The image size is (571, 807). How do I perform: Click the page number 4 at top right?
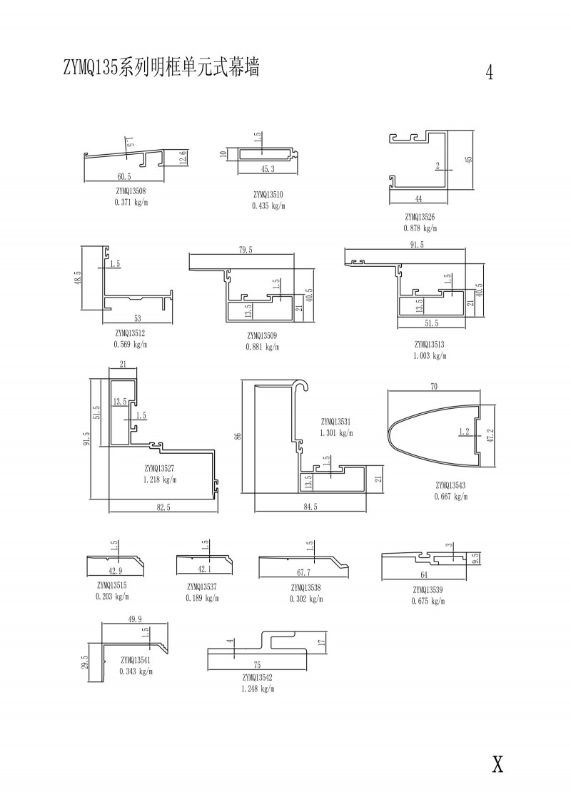pyautogui.click(x=490, y=73)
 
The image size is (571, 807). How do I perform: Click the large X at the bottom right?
pyautogui.click(x=497, y=764)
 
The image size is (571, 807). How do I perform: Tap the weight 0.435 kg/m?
pyautogui.click(x=268, y=205)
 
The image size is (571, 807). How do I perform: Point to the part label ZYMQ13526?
pyautogui.click(x=420, y=217)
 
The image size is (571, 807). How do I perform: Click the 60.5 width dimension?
pyautogui.click(x=124, y=176)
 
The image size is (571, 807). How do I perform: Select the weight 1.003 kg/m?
pyautogui.click(x=428, y=355)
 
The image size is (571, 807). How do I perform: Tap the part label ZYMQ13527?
pyautogui.click(x=161, y=468)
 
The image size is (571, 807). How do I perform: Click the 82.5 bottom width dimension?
pyautogui.click(x=163, y=507)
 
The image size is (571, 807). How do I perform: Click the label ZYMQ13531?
pyautogui.click(x=337, y=421)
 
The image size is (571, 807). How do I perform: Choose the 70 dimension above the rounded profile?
pyautogui.click(x=434, y=387)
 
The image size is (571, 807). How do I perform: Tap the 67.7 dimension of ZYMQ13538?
pyautogui.click(x=303, y=572)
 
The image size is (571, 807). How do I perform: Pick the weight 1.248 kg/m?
pyautogui.click(x=258, y=689)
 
